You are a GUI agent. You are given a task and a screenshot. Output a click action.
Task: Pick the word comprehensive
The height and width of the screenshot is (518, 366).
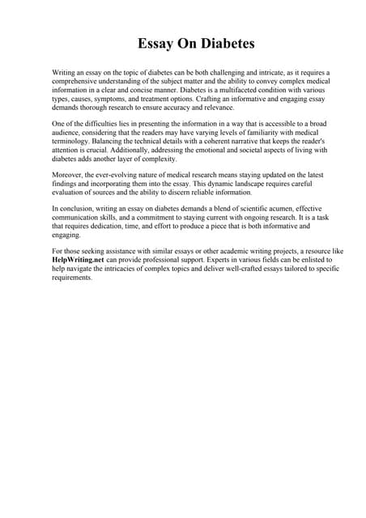pyautogui.click(x=78, y=81)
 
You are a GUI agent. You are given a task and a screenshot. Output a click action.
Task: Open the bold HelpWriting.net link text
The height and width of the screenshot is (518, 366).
pyautogui.click(x=76, y=260)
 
